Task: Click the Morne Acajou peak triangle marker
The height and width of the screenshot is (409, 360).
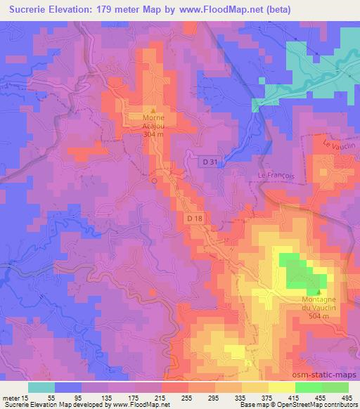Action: click(153, 110)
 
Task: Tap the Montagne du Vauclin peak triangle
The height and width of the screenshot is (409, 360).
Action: click(320, 292)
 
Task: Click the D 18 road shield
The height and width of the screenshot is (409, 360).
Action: click(196, 219)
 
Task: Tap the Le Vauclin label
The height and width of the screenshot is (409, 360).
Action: click(336, 145)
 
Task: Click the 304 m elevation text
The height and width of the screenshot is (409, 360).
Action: click(153, 134)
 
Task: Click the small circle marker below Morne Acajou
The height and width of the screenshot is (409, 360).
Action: click(154, 180)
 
